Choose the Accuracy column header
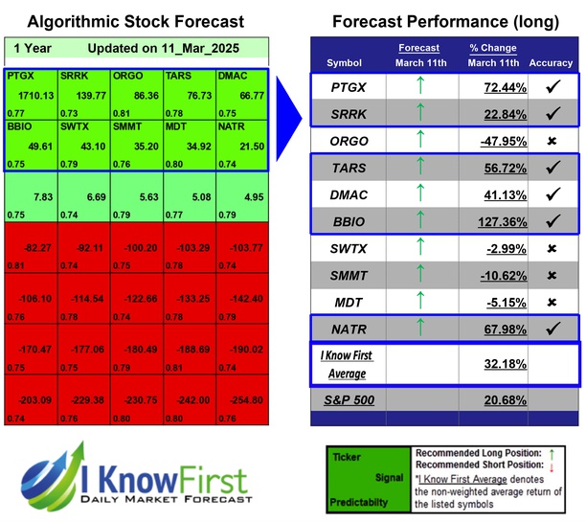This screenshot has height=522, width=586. (551, 63)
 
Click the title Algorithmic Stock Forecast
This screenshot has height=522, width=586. (135, 21)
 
